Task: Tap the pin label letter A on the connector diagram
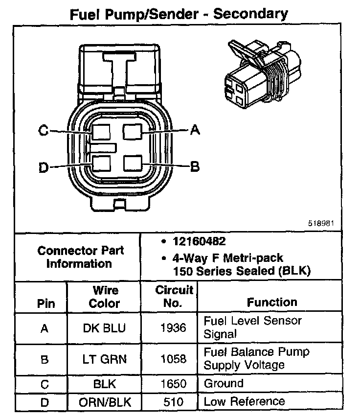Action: (195, 130)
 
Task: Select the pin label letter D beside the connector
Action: (44, 167)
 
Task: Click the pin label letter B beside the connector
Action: (195, 166)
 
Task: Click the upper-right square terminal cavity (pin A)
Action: (132, 131)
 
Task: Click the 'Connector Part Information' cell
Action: (81, 257)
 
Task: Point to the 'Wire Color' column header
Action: (104, 297)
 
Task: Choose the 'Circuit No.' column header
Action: (174, 297)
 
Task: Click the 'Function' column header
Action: (272, 303)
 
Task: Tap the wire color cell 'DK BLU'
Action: (104, 328)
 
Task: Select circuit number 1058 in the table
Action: (174, 359)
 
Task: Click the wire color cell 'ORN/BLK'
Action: (104, 402)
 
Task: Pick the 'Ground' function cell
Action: (224, 383)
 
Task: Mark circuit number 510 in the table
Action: (174, 402)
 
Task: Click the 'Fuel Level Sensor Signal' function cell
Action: (252, 327)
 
